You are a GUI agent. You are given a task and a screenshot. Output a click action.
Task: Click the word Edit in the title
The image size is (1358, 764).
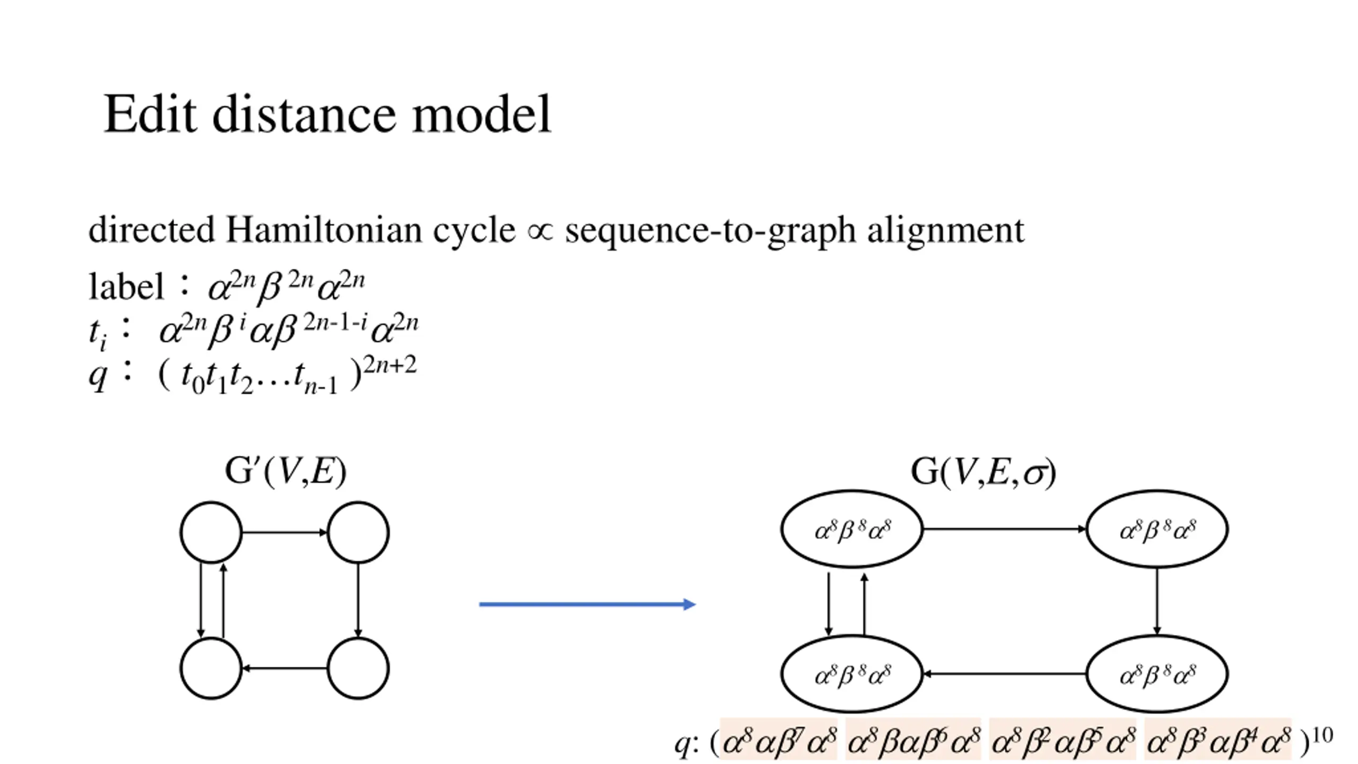click(x=150, y=115)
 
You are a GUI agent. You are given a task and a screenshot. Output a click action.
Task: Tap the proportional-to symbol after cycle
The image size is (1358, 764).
click(x=540, y=231)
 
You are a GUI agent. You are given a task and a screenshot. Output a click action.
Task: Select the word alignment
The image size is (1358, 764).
click(x=945, y=230)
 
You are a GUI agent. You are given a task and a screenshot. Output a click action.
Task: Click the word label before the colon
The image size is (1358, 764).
click(x=126, y=287)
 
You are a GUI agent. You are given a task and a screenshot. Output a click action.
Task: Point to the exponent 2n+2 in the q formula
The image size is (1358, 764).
click(x=390, y=366)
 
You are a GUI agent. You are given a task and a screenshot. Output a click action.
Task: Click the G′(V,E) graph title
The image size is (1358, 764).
click(x=285, y=471)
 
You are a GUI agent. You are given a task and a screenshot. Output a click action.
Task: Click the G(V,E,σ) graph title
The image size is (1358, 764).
click(x=983, y=472)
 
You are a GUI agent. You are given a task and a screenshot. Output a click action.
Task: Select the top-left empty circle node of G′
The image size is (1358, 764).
click(x=211, y=532)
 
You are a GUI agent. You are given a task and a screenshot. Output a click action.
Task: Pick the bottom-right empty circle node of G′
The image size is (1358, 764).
click(x=358, y=668)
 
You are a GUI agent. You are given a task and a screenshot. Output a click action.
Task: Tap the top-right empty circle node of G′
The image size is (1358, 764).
click(x=358, y=532)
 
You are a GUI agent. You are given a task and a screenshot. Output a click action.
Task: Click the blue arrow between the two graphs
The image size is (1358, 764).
click(x=587, y=604)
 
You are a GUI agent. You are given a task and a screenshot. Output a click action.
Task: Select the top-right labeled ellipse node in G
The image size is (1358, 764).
click(x=1157, y=529)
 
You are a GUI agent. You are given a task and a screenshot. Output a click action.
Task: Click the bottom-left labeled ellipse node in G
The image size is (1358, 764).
click(x=852, y=674)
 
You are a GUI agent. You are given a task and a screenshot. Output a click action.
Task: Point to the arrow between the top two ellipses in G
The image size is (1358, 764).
click(x=1004, y=529)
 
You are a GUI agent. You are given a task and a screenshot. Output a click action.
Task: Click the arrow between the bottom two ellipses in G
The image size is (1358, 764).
click(x=1004, y=674)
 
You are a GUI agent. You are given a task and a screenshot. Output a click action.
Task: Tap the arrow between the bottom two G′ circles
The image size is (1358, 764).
click(x=284, y=668)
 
